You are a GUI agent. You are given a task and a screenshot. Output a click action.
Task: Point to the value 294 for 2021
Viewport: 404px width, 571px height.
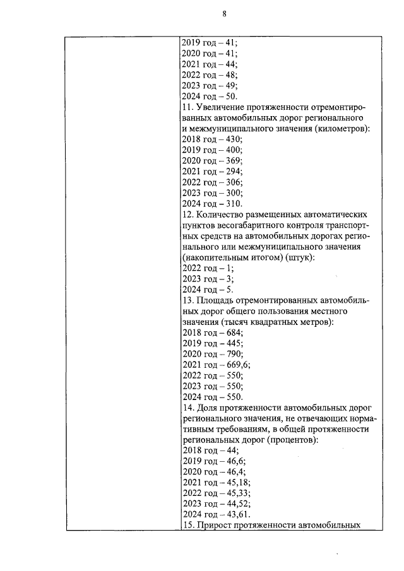[x=233, y=172]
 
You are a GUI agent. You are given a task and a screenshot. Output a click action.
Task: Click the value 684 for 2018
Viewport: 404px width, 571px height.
[x=233, y=333]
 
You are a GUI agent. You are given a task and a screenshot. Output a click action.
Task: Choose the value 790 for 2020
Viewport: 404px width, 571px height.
[x=233, y=355]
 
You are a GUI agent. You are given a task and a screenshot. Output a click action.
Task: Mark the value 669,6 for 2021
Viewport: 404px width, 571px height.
[x=237, y=365]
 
